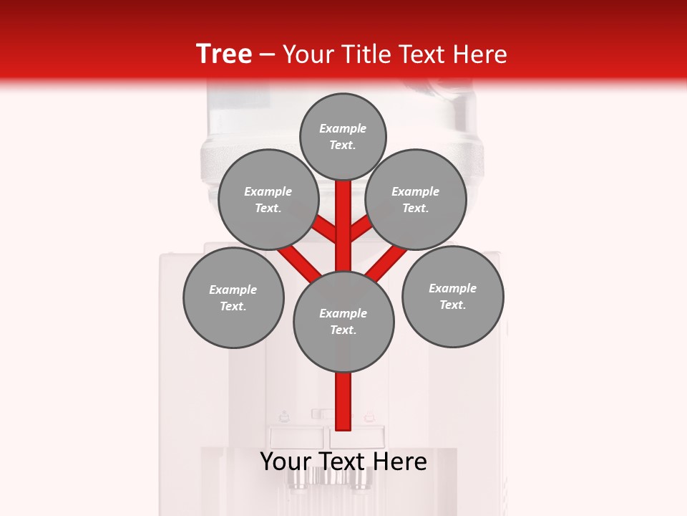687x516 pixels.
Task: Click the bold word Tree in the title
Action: tap(224, 54)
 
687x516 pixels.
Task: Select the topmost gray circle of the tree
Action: tap(343, 136)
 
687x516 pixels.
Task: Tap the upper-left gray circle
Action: tap(268, 199)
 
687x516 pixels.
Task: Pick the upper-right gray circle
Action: tap(416, 199)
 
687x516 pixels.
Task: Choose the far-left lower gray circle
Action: tap(233, 297)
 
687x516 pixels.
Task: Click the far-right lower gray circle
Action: tap(452, 296)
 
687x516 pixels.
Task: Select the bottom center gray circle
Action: tap(343, 321)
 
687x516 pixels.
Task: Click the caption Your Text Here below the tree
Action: tap(343, 462)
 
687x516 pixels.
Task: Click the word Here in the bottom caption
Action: tap(400, 462)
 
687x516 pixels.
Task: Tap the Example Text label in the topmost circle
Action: tap(343, 136)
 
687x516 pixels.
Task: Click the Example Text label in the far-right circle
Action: tap(452, 296)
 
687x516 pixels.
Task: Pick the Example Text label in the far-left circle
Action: tap(233, 297)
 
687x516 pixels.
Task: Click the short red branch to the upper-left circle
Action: tap(326, 229)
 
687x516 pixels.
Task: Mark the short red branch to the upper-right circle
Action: tap(361, 229)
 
